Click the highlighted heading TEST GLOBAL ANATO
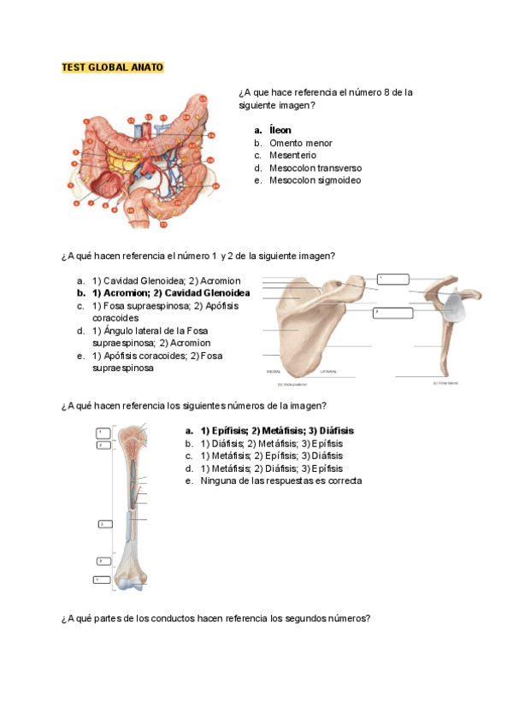[112, 68]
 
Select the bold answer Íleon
[280, 131]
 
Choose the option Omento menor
[300, 144]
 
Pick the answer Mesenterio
[292, 156]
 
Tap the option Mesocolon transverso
[315, 168]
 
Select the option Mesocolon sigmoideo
[315, 180]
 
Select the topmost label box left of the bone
[102, 433]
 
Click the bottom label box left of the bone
[102, 580]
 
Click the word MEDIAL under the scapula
[274, 372]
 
